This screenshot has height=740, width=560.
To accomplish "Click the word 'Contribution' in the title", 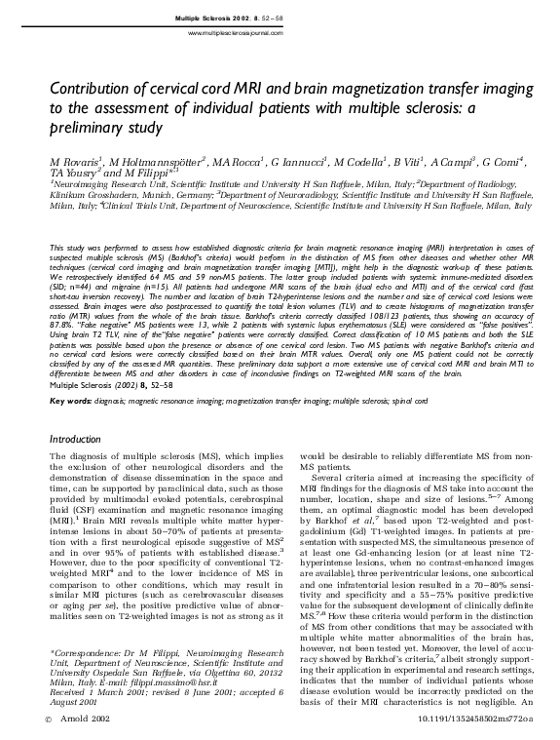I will point(93,86).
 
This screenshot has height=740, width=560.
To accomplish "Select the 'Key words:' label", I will point(70,401).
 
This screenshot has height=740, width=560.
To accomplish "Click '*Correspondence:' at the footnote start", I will point(79,650).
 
